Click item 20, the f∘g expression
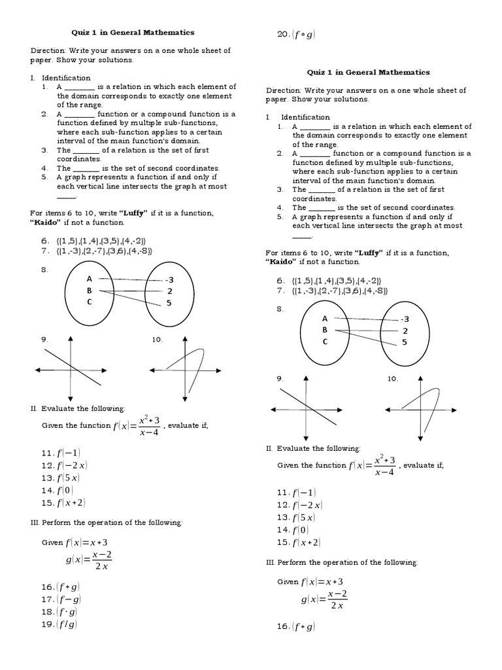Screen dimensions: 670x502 (297, 35)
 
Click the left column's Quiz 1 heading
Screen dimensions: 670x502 (133, 31)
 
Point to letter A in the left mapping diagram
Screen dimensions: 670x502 (90, 277)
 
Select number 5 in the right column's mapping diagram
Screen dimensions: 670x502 (405, 342)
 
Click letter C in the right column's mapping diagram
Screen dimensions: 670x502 (325, 342)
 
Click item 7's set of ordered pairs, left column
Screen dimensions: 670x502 (104, 250)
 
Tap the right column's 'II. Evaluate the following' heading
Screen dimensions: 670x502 (312, 448)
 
